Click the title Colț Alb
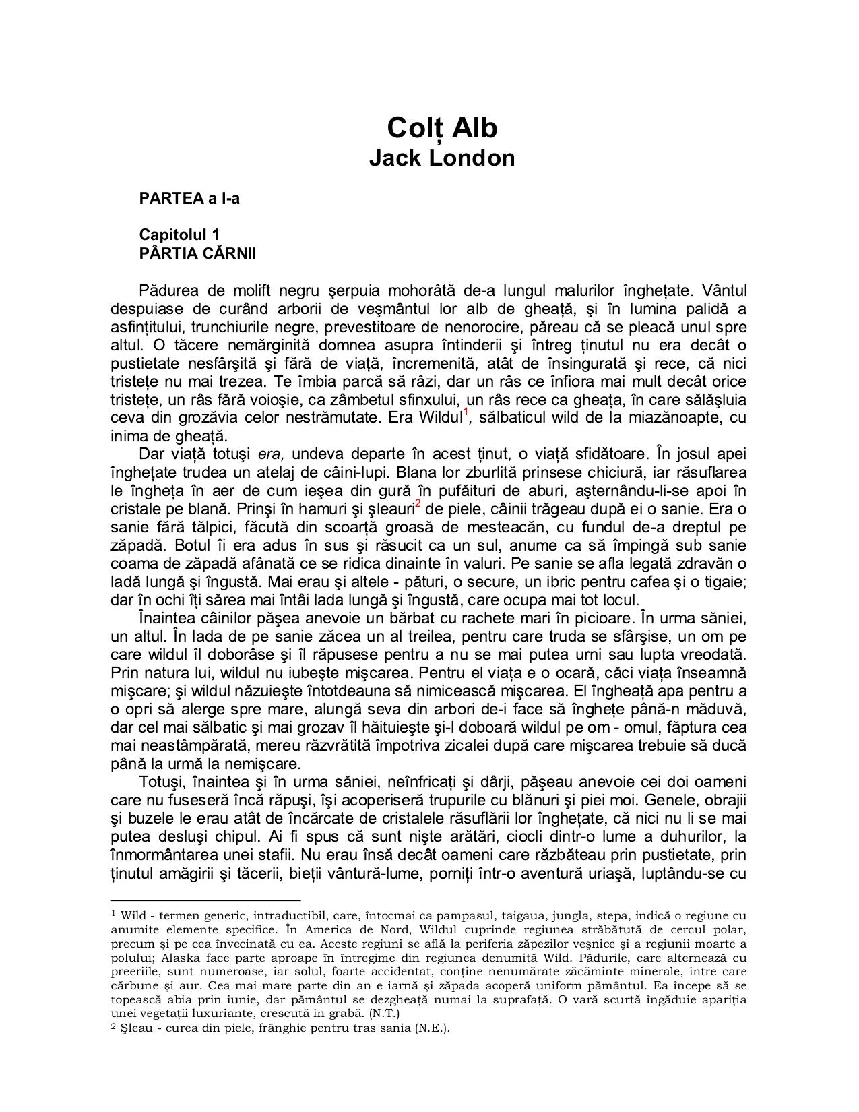click(x=441, y=127)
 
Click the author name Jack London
click(x=441, y=158)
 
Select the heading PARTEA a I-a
click(x=189, y=199)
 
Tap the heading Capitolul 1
click(x=179, y=235)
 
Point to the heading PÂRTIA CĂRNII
click(x=197, y=253)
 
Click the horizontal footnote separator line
click(x=205, y=900)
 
